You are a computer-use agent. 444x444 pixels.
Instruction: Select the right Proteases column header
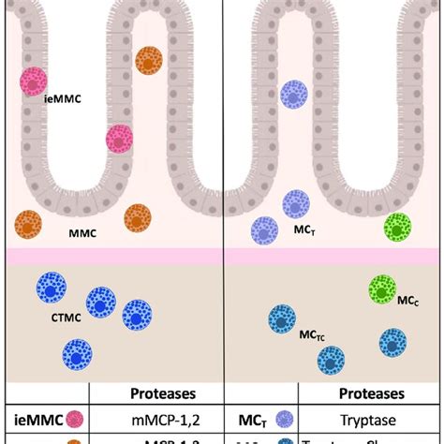coord(373,393)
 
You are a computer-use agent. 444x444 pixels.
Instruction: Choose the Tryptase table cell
coord(373,421)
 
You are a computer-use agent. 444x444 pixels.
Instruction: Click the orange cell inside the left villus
coord(148,60)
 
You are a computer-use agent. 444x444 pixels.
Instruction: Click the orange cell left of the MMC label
coord(27,225)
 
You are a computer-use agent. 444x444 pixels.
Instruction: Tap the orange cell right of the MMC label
coord(138,218)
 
